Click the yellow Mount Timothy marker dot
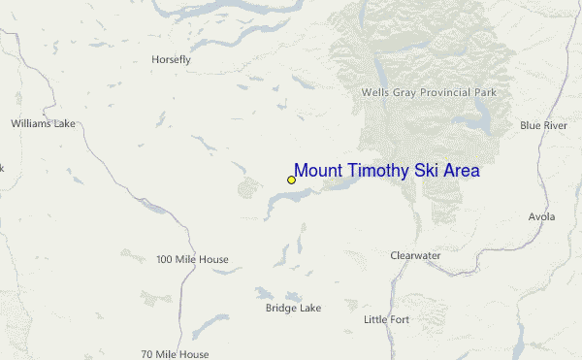pyautogui.click(x=291, y=180)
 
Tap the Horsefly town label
pyautogui.click(x=171, y=59)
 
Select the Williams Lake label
pyautogui.click(x=43, y=124)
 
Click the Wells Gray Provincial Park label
pyautogui.click(x=429, y=92)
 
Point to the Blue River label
pyautogui.click(x=543, y=125)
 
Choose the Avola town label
pyautogui.click(x=542, y=216)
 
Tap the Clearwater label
pyautogui.click(x=415, y=255)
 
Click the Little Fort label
pyautogui.click(x=386, y=319)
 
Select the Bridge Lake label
pyautogui.click(x=293, y=309)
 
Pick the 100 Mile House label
pyautogui.click(x=192, y=259)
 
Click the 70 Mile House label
pyautogui.click(x=175, y=353)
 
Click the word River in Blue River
pyautogui.click(x=555, y=125)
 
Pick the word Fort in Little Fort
pyautogui.click(x=399, y=319)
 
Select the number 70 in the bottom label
pyautogui.click(x=146, y=353)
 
